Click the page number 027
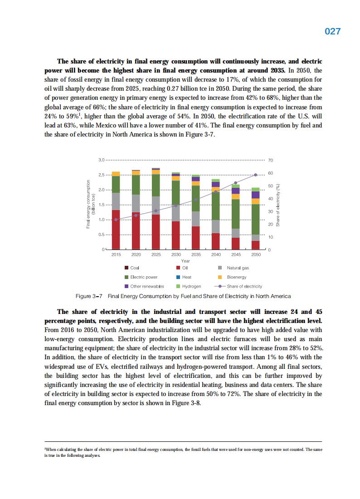coord(332,31)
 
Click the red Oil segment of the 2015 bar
coord(116,230)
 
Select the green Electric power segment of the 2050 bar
coord(256,219)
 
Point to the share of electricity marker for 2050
coord(256,175)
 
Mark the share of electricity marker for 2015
coord(116,220)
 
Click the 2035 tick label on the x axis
coord(196,255)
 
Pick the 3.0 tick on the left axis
coord(102,160)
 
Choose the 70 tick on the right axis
coord(271,160)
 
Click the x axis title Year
coord(185,261)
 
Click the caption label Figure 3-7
coord(89,296)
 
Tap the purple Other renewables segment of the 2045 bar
coord(236,191)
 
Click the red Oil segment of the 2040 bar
coord(216,241)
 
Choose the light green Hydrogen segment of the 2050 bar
coord(256,189)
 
